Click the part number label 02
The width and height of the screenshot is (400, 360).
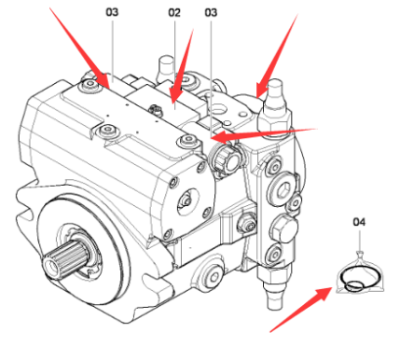pyautogui.click(x=173, y=13)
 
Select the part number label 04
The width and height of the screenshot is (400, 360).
pyautogui.click(x=359, y=222)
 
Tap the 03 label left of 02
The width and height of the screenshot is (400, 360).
pyautogui.click(x=113, y=13)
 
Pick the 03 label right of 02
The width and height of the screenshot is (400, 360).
pyautogui.click(x=211, y=13)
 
